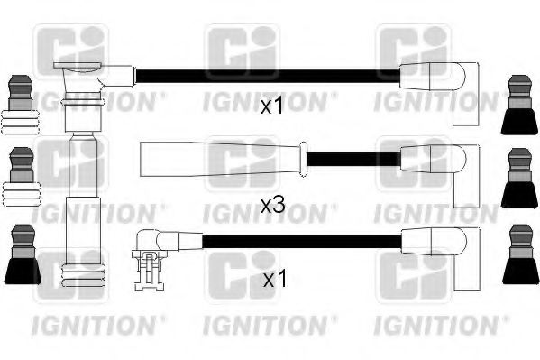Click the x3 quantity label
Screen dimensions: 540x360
coord(272,206)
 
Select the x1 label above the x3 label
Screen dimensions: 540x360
coord(271,106)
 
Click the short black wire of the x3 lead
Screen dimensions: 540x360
coord(352,160)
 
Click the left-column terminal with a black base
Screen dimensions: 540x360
coord(20,256)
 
